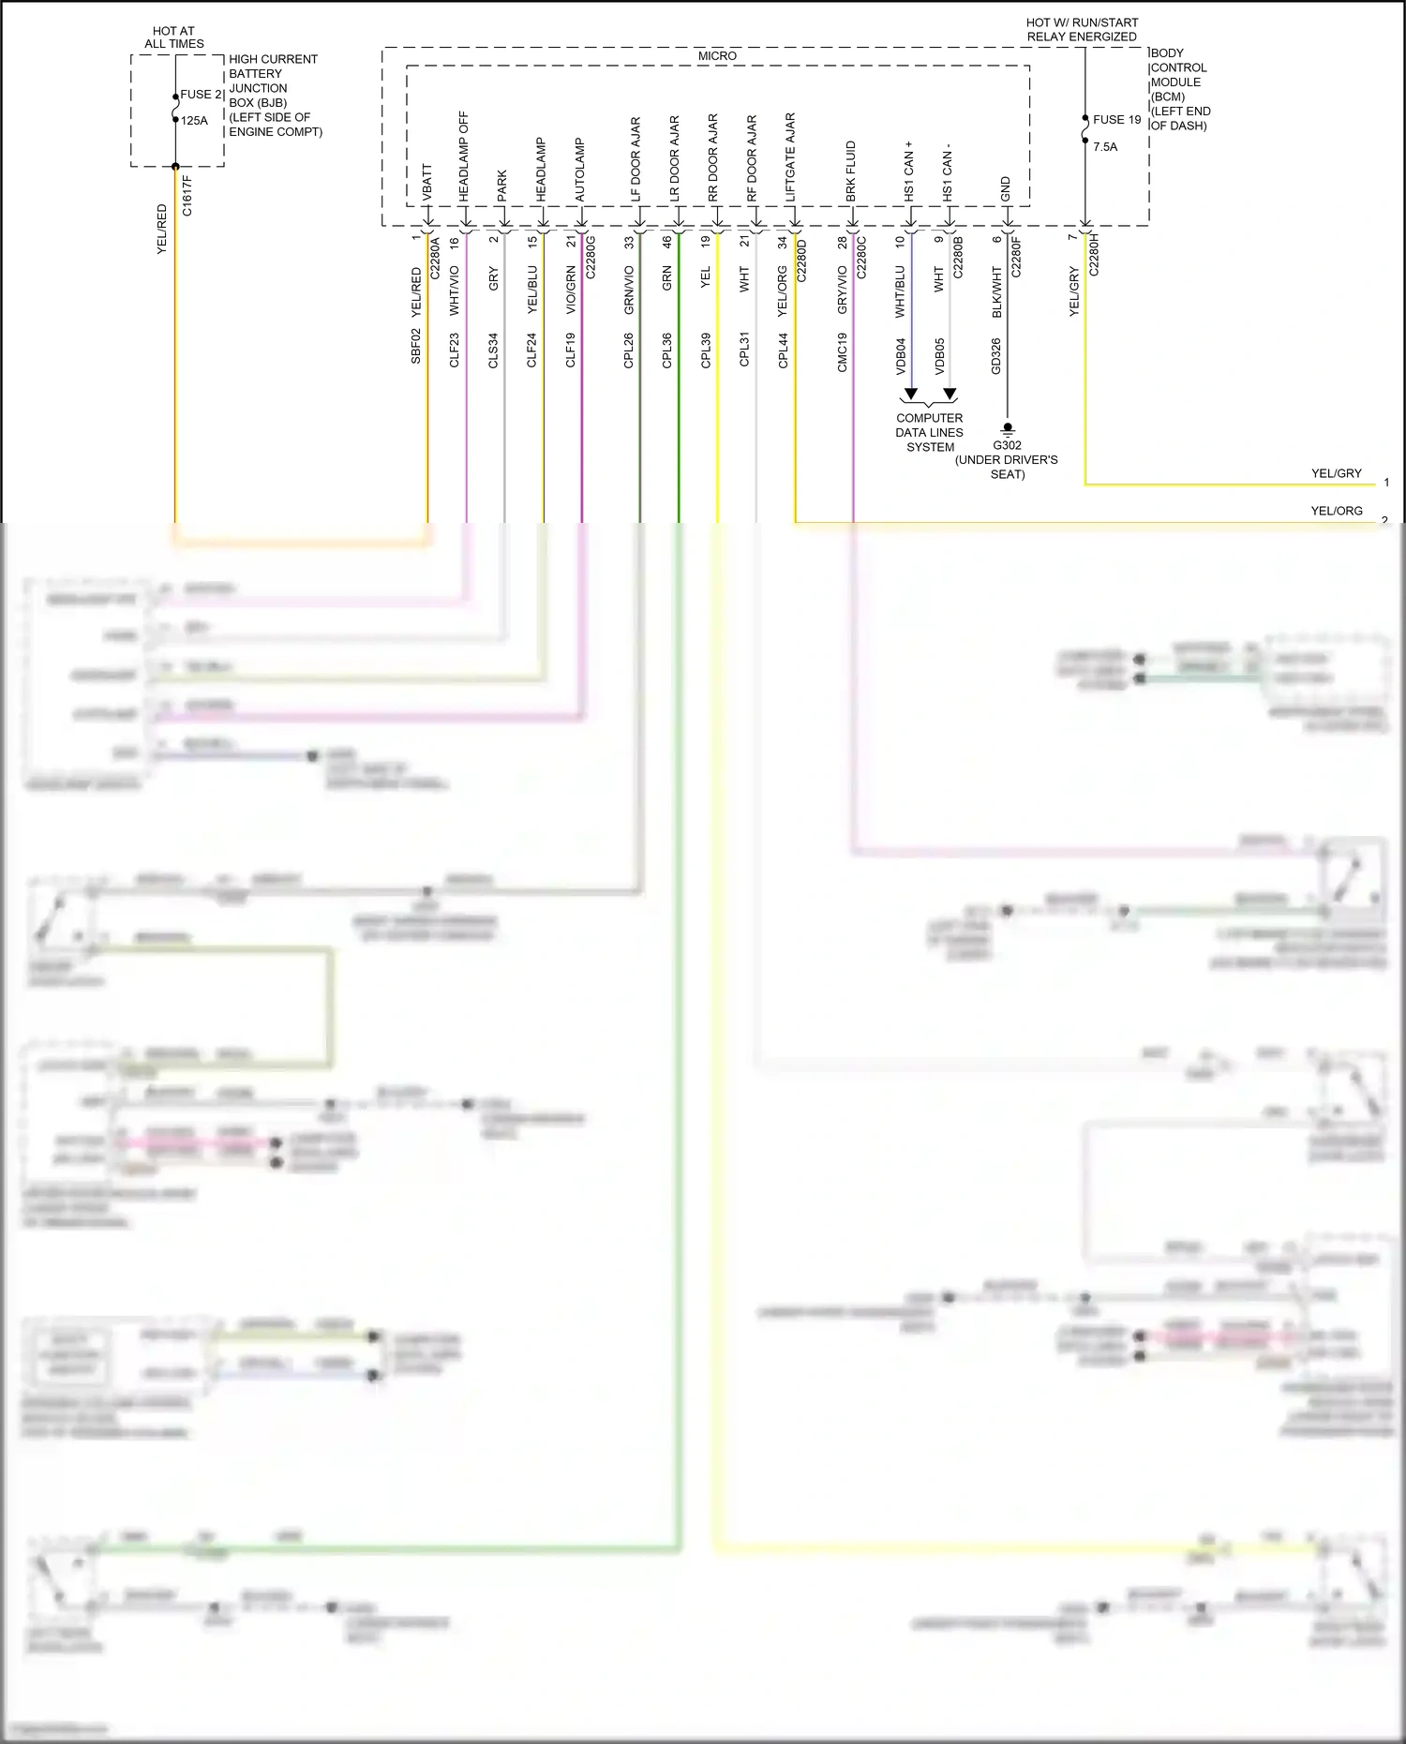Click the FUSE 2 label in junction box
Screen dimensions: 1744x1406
(201, 95)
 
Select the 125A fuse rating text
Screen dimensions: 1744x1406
(194, 121)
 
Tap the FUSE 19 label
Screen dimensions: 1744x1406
(1116, 120)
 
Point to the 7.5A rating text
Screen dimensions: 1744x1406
(1105, 147)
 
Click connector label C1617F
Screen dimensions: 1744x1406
(187, 196)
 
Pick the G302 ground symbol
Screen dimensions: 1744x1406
(1008, 429)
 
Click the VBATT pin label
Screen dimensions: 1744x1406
(427, 183)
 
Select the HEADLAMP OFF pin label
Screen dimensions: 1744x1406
(464, 157)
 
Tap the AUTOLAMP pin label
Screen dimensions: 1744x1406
(579, 171)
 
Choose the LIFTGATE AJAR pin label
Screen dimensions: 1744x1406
(790, 157)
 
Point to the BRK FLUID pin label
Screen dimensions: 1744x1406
(851, 171)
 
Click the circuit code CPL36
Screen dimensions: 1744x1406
(667, 350)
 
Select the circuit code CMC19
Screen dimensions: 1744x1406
(842, 352)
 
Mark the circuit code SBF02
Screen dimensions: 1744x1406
(416, 346)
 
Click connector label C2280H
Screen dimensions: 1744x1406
(1094, 254)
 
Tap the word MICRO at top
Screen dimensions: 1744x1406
(717, 56)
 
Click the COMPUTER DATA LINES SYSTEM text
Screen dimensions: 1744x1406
(929, 433)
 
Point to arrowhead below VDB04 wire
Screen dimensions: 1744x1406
(910, 394)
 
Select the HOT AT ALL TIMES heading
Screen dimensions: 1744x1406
(174, 37)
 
